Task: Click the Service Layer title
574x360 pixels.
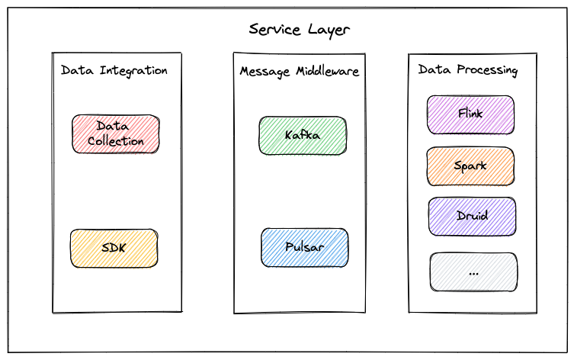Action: pyautogui.click(x=299, y=30)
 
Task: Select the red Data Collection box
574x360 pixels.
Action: pyautogui.click(x=115, y=133)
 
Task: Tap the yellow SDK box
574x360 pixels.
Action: pyautogui.click(x=114, y=248)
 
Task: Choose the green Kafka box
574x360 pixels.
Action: pyautogui.click(x=302, y=135)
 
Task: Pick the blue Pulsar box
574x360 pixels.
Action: pyautogui.click(x=304, y=248)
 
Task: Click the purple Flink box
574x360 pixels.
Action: pyautogui.click(x=470, y=114)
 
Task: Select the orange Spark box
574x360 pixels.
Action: pyautogui.click(x=470, y=166)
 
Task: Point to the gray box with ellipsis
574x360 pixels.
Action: pyautogui.click(x=473, y=272)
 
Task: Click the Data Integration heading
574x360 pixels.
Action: pyautogui.click(x=114, y=70)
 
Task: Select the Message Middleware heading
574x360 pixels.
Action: pyautogui.click(x=299, y=71)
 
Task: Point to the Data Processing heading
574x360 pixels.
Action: pyautogui.click(x=468, y=70)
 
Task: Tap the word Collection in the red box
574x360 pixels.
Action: pyautogui.click(x=115, y=141)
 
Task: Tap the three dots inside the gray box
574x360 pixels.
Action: pyautogui.click(x=473, y=272)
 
